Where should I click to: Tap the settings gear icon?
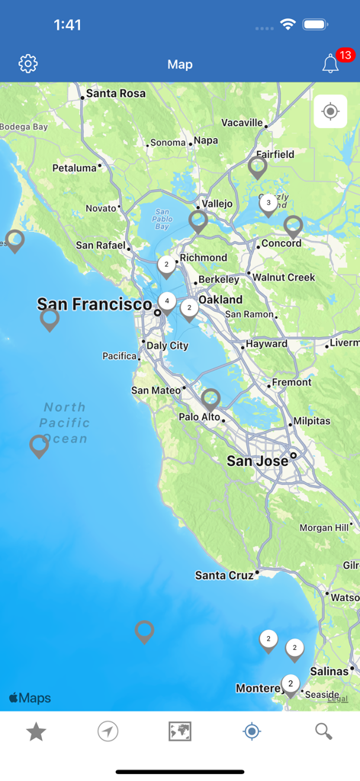[28, 64]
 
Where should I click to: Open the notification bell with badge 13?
[330, 64]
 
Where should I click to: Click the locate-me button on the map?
[330, 112]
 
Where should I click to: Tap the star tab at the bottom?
[36, 732]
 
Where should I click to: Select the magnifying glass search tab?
[323, 732]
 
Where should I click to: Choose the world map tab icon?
[180, 732]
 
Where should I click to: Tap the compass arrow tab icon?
[108, 732]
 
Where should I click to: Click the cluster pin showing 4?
[167, 302]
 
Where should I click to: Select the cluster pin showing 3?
[268, 204]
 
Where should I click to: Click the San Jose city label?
[258, 461]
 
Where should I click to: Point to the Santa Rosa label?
[115, 94]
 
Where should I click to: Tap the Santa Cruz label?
[224, 575]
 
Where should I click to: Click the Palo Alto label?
[199, 417]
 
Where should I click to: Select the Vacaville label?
[242, 123]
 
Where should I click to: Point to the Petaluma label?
[75, 168]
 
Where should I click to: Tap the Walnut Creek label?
[284, 278]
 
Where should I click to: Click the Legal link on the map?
[337, 698]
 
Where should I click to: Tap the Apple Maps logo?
[30, 698]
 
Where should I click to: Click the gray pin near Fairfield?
[258, 166]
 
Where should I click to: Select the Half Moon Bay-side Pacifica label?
[120, 356]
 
